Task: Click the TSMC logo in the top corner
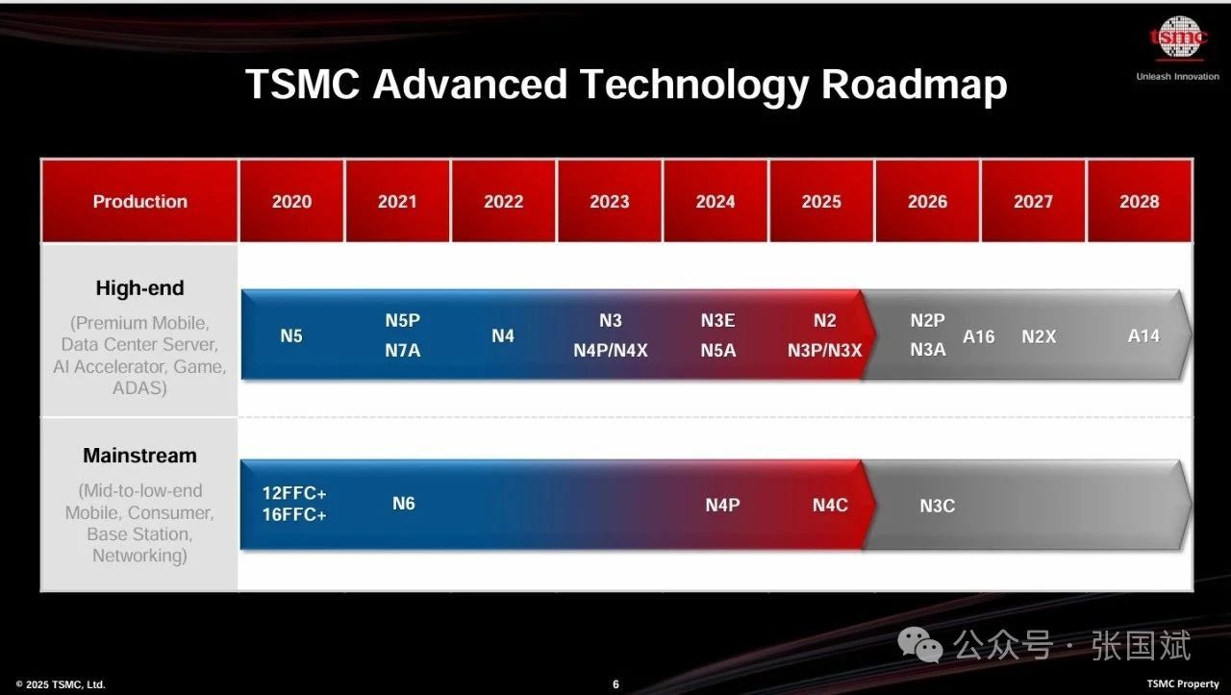1179,37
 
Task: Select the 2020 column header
291,201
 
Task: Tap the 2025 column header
821,201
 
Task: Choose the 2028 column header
1140,201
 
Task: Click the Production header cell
139,201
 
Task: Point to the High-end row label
139,287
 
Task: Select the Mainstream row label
139,456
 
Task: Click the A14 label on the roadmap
1143,335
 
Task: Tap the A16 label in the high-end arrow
979,336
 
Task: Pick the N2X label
1039,336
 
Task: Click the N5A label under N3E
717,350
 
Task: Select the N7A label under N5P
402,350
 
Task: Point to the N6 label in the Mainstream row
403,504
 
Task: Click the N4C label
830,505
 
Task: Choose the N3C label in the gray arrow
937,506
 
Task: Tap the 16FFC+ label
294,515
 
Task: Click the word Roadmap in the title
914,85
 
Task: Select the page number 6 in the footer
615,684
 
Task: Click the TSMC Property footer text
1183,683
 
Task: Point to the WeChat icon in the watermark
920,644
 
